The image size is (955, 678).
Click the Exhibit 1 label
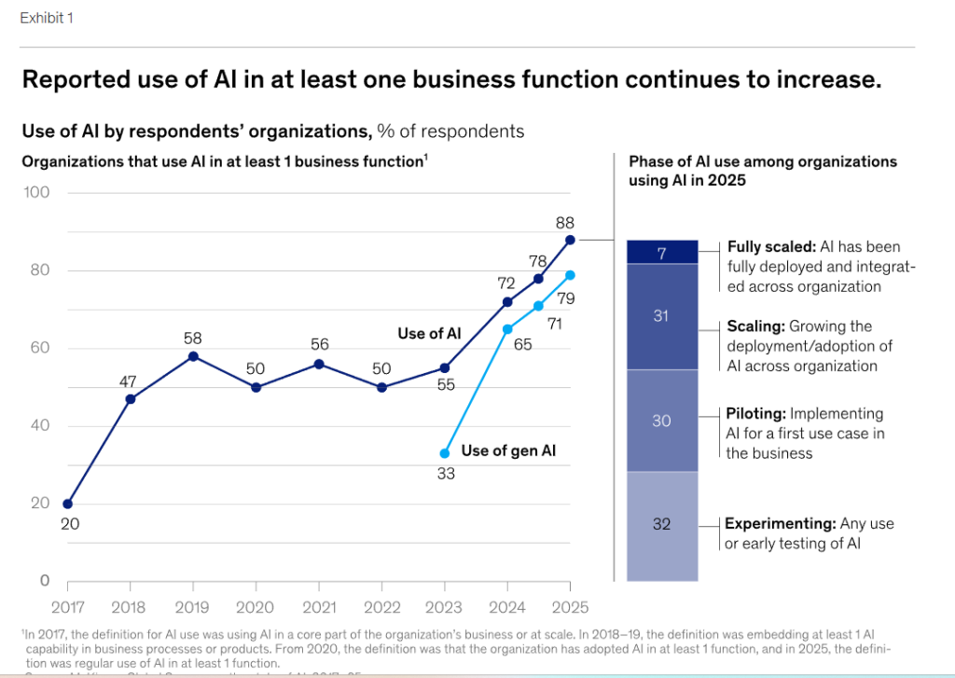pos(46,19)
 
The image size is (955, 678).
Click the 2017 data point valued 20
pos(67,504)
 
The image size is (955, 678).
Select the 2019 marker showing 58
pos(193,356)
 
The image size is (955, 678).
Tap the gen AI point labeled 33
pos(445,453)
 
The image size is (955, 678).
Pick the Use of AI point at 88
pos(570,240)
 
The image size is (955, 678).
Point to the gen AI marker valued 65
pos(507,329)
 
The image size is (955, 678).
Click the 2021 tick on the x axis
pos(318,608)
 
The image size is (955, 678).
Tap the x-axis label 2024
pos(507,608)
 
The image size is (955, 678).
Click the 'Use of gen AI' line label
pos(508,451)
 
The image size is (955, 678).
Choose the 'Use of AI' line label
pos(429,334)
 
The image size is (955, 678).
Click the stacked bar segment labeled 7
pos(661,252)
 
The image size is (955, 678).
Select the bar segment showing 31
pos(661,316)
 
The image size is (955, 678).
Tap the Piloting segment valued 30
pos(661,421)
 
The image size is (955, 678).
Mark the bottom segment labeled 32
pos(661,525)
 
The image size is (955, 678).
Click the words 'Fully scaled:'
pos(770,247)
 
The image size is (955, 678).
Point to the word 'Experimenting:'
pos(780,523)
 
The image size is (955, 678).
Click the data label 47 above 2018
pos(129,381)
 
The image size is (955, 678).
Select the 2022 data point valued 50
pos(381,387)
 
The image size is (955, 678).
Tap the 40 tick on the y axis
pos(39,426)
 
